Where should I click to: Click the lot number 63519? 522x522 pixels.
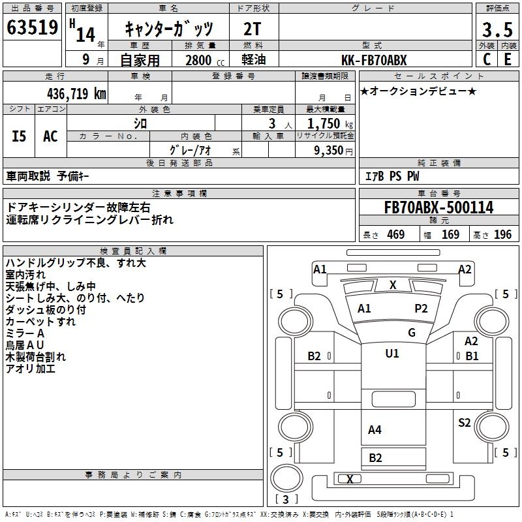pos(32,28)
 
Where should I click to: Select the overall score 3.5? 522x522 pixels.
pos(497,29)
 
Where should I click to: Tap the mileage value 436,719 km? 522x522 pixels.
pos(77,93)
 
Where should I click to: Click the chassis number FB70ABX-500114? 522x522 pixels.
pos(438,207)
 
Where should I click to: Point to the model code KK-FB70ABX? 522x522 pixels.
pos(375,60)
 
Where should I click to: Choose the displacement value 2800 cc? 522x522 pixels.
pos(199,60)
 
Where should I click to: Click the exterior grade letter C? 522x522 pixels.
pos(486,59)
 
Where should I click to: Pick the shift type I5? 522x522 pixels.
pos(19,136)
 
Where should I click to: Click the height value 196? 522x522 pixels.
pos(503,235)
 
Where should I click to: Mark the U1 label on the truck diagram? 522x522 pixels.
pos(392,354)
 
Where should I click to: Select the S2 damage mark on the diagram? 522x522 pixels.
pos(464,423)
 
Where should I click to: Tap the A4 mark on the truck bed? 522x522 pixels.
pos(375,429)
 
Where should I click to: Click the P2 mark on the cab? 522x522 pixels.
pos(421,309)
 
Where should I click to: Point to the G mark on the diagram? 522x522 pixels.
pos(411,333)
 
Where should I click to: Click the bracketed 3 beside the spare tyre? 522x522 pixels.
pos(285,499)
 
